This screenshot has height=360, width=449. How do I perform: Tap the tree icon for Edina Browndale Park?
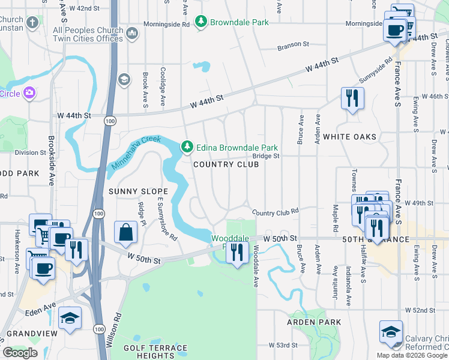188,147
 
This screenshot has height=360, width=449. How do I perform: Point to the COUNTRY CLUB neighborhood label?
225,164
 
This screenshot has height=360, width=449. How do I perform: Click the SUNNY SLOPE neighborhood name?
132,191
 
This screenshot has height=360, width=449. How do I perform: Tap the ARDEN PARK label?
314,322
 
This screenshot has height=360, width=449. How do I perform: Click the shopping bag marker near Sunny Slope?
125,232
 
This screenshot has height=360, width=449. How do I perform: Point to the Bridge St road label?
266,156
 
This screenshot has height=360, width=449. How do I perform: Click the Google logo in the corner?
20,352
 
